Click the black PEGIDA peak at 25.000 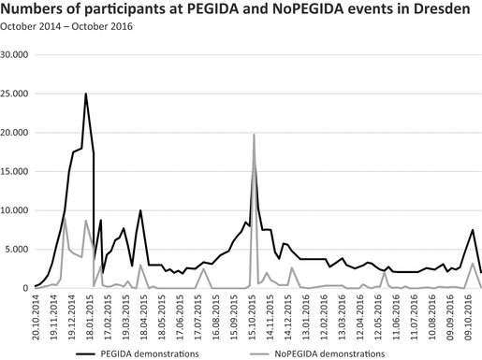point(86,94)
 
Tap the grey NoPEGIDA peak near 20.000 point(254,135)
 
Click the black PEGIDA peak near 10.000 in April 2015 point(140,210)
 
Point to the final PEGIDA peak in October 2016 point(473,230)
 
